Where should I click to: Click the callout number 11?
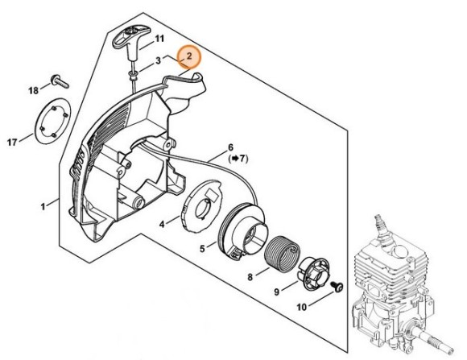pyautogui.click(x=159, y=39)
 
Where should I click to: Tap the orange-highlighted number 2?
pyautogui.click(x=189, y=56)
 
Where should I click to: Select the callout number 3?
pyautogui.click(x=158, y=60)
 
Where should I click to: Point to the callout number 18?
pyautogui.click(x=34, y=90)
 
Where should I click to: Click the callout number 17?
pyautogui.click(x=12, y=143)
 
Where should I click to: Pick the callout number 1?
pyautogui.click(x=43, y=206)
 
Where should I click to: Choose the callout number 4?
pyautogui.click(x=162, y=224)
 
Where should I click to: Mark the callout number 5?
pyautogui.click(x=203, y=248)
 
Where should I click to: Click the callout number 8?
pyautogui.click(x=250, y=278)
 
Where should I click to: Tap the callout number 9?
pyautogui.click(x=277, y=292)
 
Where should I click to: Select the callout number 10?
pyautogui.click(x=301, y=307)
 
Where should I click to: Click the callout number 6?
pyautogui.click(x=230, y=147)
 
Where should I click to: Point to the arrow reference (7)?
pyautogui.click(x=238, y=159)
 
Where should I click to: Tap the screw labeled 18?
pyautogui.click(x=60, y=81)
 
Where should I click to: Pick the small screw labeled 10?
pyautogui.click(x=337, y=288)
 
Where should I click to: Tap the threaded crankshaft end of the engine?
pyautogui.click(x=438, y=342)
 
